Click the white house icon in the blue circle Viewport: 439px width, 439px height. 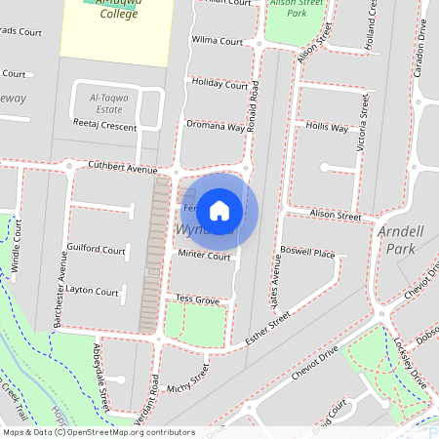(x=219, y=210)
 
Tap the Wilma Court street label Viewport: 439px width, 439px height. (x=217, y=42)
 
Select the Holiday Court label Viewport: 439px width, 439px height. (x=219, y=84)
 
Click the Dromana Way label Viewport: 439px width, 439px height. (x=216, y=126)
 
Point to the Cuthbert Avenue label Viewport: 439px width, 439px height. (x=122, y=169)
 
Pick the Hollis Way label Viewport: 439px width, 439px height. (x=327, y=128)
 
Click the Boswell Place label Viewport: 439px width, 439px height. (x=307, y=254)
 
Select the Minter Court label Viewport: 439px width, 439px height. (x=204, y=255)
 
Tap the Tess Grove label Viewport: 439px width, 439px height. (x=197, y=299)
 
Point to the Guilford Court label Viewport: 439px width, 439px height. (x=96, y=250)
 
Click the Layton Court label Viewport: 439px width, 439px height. (x=92, y=292)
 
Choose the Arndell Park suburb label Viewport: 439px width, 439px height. (x=402, y=240)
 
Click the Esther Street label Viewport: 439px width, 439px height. (x=268, y=328)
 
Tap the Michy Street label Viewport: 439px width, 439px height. (x=188, y=381)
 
